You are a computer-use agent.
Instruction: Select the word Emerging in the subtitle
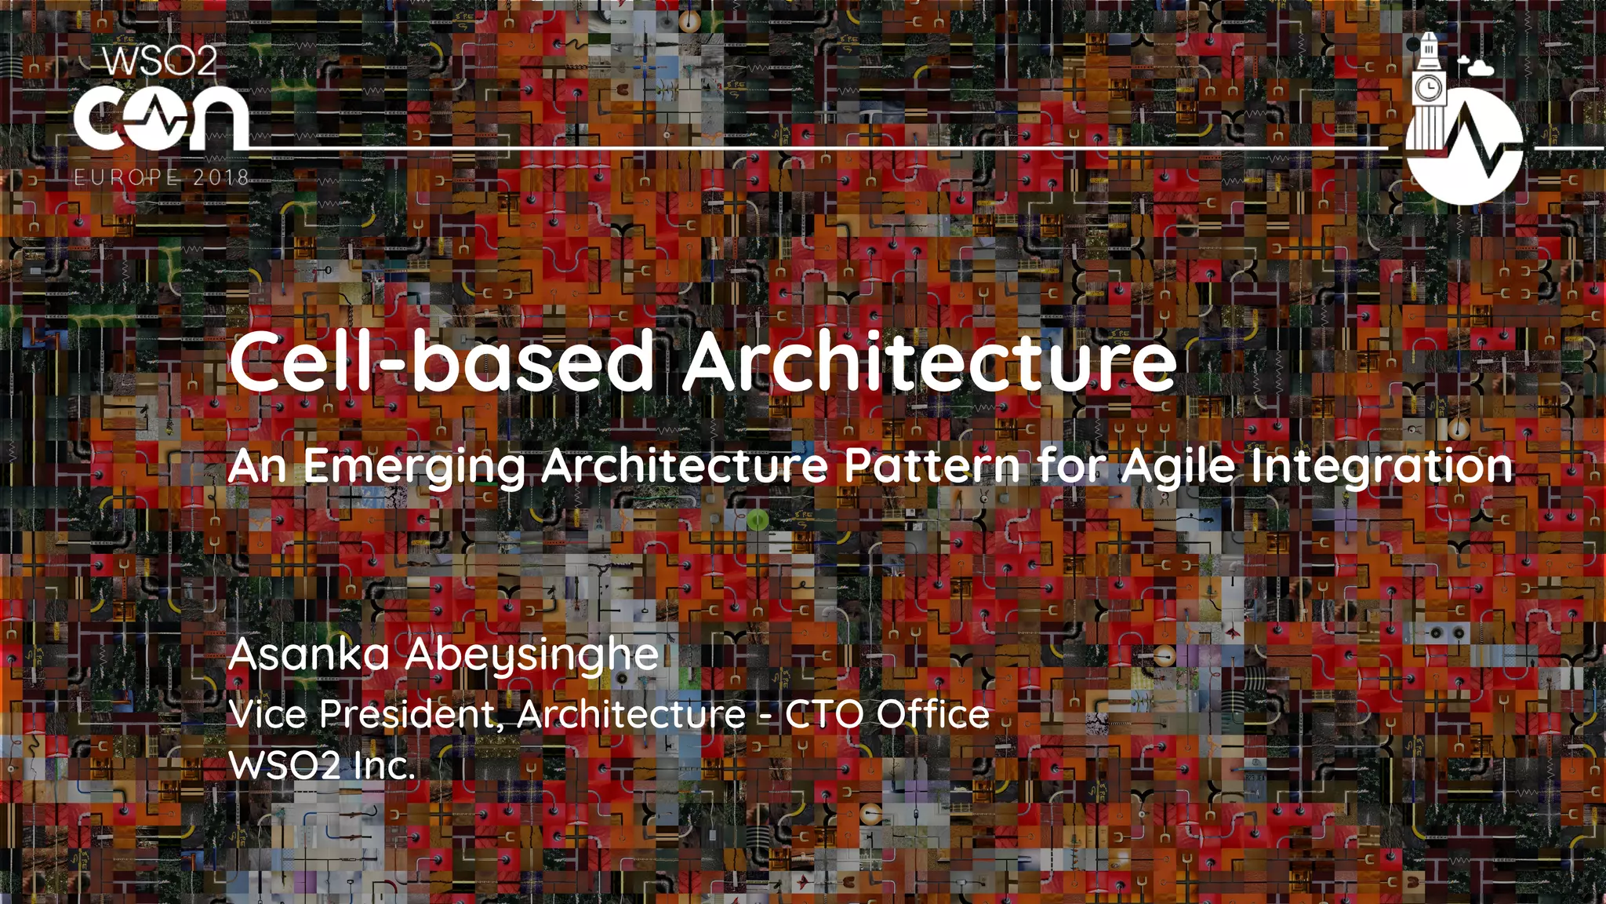pyautogui.click(x=413, y=467)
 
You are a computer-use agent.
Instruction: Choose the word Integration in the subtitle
pyautogui.click(x=1381, y=467)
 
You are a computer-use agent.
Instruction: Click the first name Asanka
pyautogui.click(x=309, y=654)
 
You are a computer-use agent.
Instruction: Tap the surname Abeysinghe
pyautogui.click(x=532, y=656)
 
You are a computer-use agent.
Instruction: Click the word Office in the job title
pyautogui.click(x=933, y=714)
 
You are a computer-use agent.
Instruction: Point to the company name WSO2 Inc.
pyautogui.click(x=322, y=765)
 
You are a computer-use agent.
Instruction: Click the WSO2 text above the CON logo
pyautogui.click(x=160, y=61)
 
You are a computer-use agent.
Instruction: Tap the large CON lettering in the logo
pyautogui.click(x=162, y=119)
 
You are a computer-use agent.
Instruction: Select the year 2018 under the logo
pyautogui.click(x=221, y=177)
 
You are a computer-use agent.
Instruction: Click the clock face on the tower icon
pyautogui.click(x=1428, y=86)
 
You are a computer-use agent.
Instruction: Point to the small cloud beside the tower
pyautogui.click(x=1478, y=67)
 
